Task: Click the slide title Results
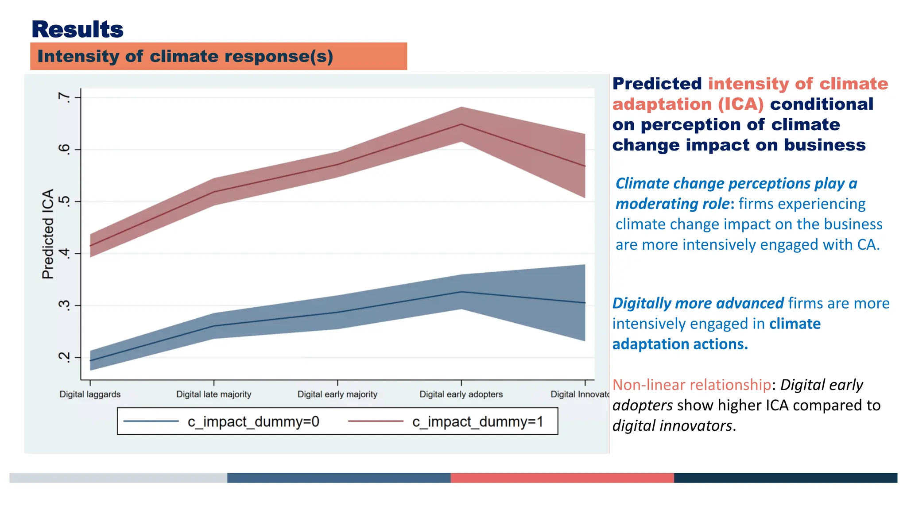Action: point(78,30)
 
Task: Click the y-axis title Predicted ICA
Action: point(48,234)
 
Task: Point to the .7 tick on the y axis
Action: point(65,97)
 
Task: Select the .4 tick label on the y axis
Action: point(65,254)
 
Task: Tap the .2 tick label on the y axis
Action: point(65,357)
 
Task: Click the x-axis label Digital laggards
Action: point(90,394)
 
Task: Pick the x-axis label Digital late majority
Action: point(213,394)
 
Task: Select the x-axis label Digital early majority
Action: point(337,394)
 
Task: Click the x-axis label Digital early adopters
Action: point(461,394)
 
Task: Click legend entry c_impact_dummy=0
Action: point(253,421)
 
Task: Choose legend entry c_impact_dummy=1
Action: point(477,421)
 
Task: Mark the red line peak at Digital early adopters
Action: point(461,124)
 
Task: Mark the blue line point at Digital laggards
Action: point(90,360)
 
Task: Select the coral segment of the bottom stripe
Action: point(562,478)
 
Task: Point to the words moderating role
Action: point(672,204)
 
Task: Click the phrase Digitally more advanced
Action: point(698,303)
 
